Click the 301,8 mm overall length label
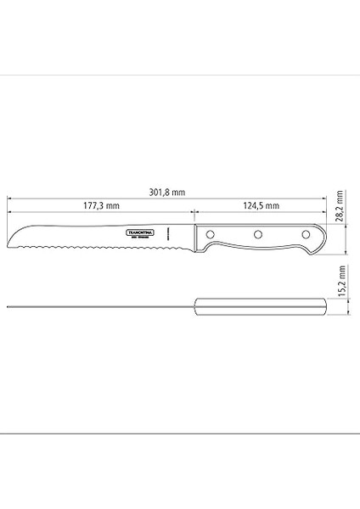[x=166, y=192]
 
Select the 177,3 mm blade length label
[x=101, y=206]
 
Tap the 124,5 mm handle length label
[x=260, y=206]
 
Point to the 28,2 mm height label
[x=339, y=204]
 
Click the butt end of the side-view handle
[x=323, y=239]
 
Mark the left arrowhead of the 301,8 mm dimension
[x=9, y=198]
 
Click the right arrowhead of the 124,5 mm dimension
[x=323, y=212]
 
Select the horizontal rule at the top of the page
[x=180, y=76]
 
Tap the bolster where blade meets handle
[x=195, y=236]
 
